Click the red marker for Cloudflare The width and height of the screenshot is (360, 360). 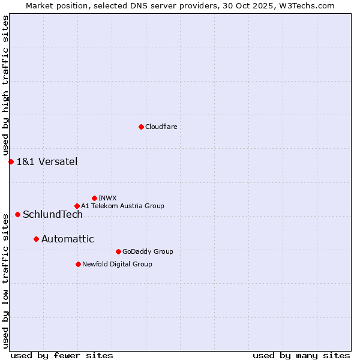click(141, 127)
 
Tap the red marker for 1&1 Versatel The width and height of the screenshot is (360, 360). click(11, 161)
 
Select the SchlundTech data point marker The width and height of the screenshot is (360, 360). click(17, 214)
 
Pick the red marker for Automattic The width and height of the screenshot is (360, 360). click(36, 239)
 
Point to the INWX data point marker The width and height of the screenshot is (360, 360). click(94, 198)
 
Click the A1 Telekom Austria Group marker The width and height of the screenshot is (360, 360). click(77, 206)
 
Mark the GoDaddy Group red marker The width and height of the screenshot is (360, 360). click(118, 251)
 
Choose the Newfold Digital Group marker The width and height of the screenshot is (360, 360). click(78, 264)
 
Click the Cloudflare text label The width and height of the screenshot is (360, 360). click(161, 127)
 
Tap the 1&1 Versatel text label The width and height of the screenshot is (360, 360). click(47, 161)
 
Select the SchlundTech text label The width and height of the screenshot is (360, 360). click(53, 214)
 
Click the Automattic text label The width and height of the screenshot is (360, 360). click(68, 239)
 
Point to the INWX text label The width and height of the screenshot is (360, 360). click(108, 198)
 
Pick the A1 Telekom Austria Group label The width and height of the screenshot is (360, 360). click(122, 206)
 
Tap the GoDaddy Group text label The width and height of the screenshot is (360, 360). click(148, 251)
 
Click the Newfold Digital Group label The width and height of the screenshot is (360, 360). click(117, 264)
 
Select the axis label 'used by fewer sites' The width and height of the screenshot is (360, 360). click(62, 355)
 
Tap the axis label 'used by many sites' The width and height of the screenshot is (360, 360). click(301, 355)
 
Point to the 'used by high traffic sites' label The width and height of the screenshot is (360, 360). click(5, 85)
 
